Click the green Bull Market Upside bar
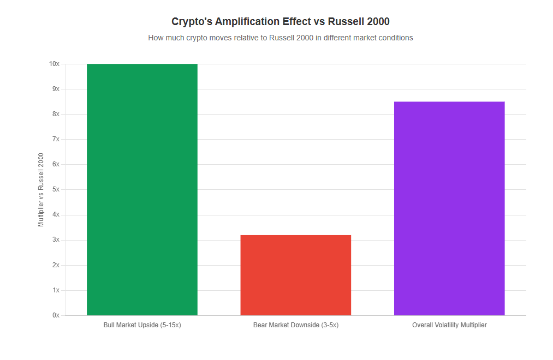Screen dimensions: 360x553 point(142,189)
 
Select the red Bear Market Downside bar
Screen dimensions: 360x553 point(295,275)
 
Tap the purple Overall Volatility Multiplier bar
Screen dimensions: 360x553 point(449,208)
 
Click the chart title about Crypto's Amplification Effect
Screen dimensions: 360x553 point(281,21)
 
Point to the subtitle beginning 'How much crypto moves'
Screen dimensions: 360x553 point(281,38)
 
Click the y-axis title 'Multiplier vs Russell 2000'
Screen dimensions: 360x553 point(41,190)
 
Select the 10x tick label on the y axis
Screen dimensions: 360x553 point(54,64)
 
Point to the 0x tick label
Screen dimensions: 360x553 point(56,315)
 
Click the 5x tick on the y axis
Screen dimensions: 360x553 point(56,189)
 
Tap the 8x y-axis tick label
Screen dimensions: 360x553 point(56,114)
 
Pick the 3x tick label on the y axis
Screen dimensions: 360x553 point(56,240)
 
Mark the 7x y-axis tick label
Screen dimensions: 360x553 point(56,139)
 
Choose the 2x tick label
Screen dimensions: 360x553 point(56,265)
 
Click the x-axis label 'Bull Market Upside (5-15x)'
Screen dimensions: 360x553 point(142,325)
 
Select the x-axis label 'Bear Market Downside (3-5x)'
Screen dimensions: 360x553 point(295,325)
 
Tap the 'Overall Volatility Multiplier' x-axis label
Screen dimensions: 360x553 point(449,325)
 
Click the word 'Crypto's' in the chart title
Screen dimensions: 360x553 point(192,21)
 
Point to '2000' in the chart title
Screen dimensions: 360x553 point(378,21)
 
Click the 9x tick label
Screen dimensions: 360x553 point(56,89)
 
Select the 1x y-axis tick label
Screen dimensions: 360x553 point(56,290)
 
